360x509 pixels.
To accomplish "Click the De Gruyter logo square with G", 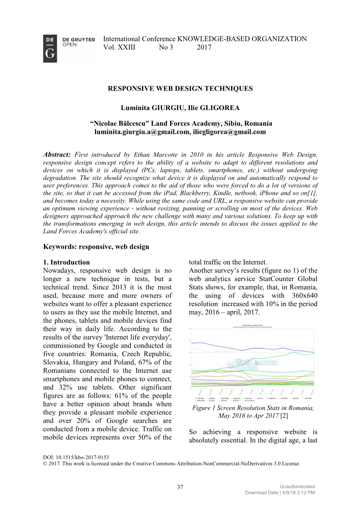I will (x=50, y=49).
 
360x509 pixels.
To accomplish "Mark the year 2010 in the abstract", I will (x=198, y=155).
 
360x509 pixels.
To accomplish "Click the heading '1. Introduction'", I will (x=67, y=262).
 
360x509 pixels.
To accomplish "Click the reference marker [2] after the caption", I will (x=284, y=416).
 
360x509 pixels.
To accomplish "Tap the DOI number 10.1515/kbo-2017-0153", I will (x=82, y=458).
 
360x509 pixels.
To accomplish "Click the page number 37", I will (x=180, y=487).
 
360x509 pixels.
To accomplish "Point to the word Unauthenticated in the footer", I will (x=297, y=486).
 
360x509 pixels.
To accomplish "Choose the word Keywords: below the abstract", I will (x=60, y=247).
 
